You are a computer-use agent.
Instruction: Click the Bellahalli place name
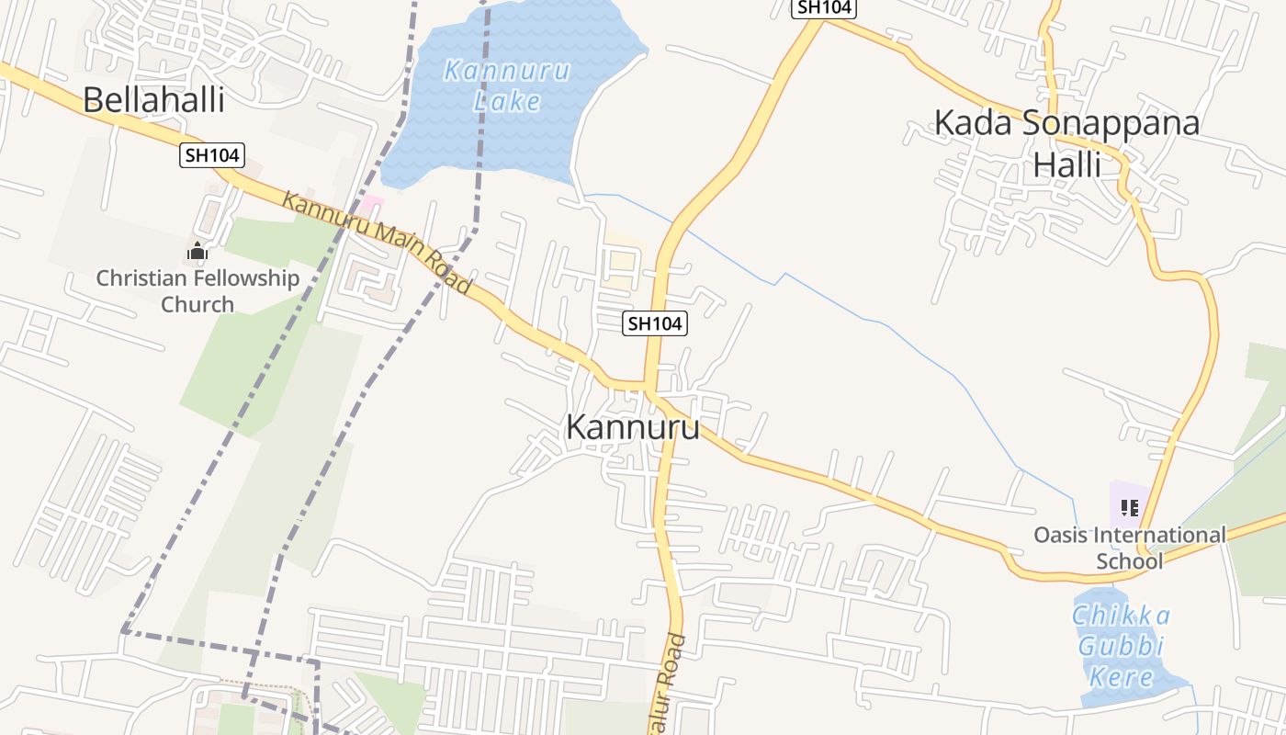click(153, 99)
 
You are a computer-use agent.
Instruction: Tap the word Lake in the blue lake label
click(507, 100)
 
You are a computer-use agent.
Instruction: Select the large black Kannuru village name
click(632, 427)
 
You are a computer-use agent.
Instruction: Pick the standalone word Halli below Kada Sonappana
click(1067, 164)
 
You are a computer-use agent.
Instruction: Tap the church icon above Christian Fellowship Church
click(197, 251)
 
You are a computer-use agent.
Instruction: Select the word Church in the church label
click(197, 304)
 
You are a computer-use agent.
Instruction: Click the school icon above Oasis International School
click(1130, 507)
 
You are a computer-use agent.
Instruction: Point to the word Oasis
click(1061, 535)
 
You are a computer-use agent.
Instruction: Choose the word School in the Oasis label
click(1130, 560)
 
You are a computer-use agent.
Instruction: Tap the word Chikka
click(1121, 616)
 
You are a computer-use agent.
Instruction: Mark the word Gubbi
click(1121, 647)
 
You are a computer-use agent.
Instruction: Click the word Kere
click(1121, 678)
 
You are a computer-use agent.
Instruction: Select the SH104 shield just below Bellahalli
click(212, 155)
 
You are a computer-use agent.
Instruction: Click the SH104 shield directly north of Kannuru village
click(655, 323)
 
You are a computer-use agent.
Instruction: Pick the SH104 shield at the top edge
click(824, 7)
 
